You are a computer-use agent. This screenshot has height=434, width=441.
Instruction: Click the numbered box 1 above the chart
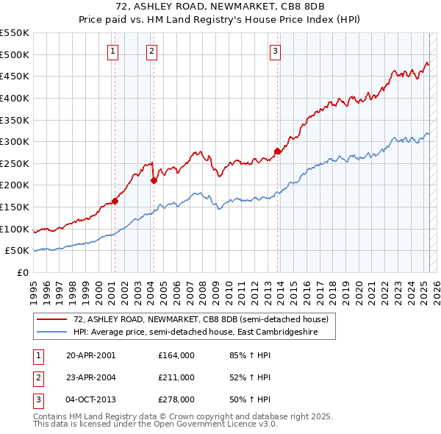(112, 51)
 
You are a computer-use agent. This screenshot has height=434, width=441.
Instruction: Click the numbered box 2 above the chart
(151, 51)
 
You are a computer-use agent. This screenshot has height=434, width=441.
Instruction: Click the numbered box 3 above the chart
(274, 51)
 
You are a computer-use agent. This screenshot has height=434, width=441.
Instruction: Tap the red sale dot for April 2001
(115, 201)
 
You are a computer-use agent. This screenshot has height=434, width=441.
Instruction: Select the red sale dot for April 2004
(154, 180)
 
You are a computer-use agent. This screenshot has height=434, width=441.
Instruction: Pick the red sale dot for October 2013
(277, 152)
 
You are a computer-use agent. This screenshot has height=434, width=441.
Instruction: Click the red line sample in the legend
(51, 319)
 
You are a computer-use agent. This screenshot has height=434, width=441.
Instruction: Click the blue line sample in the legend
(51, 332)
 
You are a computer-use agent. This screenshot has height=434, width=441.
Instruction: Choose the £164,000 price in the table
(176, 355)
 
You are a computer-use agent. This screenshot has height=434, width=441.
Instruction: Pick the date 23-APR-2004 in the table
(90, 377)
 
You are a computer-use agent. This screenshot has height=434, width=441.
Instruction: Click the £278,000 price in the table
(176, 399)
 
